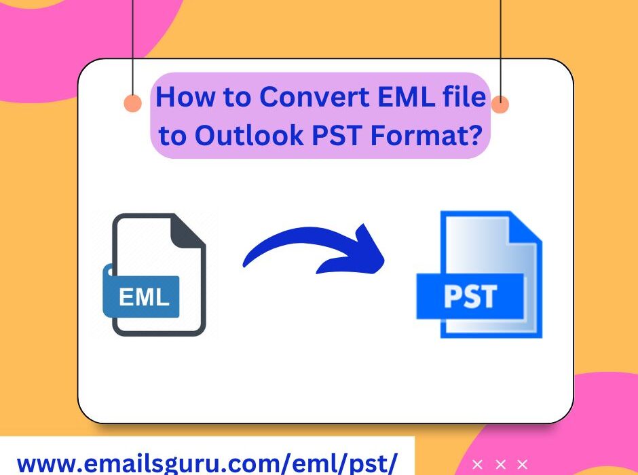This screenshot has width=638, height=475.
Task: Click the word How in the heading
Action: pos(180,98)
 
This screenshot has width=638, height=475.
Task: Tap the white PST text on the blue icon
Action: pos(470,297)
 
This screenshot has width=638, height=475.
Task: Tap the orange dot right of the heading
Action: pos(500,104)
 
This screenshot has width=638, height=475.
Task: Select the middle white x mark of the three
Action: pos(500,465)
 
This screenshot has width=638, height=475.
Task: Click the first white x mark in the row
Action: pos(478,465)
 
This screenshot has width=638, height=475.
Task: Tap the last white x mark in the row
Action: pos(522,465)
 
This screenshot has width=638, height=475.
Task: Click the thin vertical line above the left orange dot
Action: pos(133,41)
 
